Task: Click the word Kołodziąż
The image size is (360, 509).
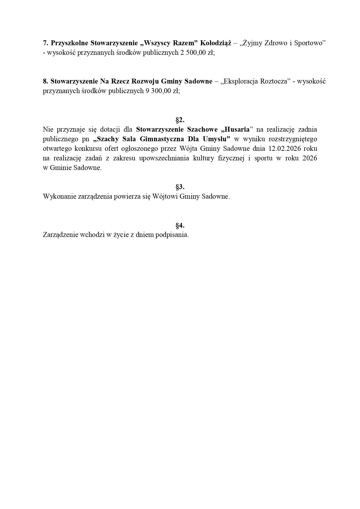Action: (x=216, y=43)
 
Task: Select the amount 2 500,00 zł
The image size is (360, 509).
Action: (x=195, y=53)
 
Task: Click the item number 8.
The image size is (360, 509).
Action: (x=46, y=81)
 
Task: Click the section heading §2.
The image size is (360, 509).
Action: (x=180, y=120)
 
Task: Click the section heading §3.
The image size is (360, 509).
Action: (x=180, y=187)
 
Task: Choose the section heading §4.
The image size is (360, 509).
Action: (x=180, y=225)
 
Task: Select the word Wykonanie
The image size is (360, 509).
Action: (x=59, y=196)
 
